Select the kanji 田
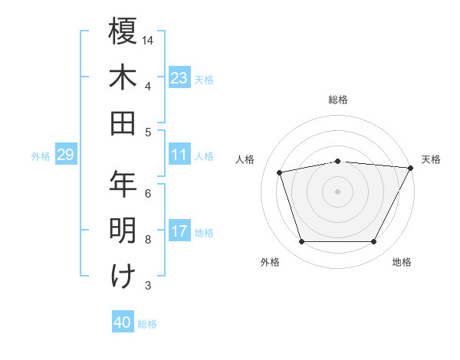tap(123, 123)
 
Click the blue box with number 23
tap(179, 77)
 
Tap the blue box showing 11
tap(179, 155)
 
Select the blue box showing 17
tap(179, 231)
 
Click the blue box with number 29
tap(65, 155)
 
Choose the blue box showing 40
tap(123, 322)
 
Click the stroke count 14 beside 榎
tap(149, 39)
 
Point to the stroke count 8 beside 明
tap(148, 240)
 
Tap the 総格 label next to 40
tap(148, 324)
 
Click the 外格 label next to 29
tap(41, 156)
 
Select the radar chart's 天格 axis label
tap(431, 159)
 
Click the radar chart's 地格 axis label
tap(402, 262)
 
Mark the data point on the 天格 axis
tap(410, 168)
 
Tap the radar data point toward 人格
tap(279, 172)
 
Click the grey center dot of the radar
tap(337, 191)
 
